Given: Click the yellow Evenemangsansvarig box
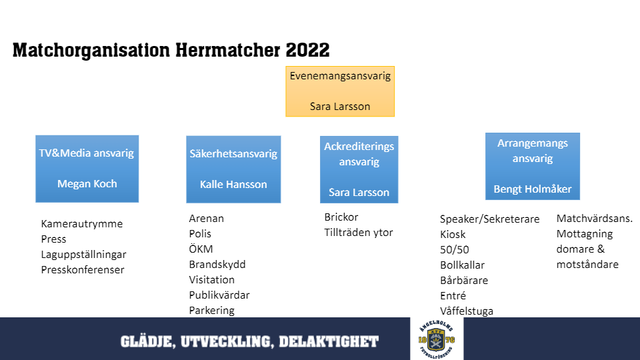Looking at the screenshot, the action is pos(340,91).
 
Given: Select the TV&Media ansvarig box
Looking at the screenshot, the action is pos(87,169).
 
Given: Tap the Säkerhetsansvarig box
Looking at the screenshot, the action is pos(233,169).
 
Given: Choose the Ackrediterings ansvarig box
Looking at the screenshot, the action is pos(359,169).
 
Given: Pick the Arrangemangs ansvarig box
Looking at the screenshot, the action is pos(533,166).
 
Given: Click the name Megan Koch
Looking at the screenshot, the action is pos(87,184).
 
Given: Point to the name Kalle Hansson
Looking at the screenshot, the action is pos(233,184).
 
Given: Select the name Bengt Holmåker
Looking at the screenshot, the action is pos(533,189).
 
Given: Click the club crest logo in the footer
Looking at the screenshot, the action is pos(437,339).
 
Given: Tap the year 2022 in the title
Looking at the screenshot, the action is pos(307,50).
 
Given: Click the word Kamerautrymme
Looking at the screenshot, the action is pos(81,224).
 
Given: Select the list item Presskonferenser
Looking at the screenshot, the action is pos(83,269).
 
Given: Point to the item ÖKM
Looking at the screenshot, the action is pos(201,249).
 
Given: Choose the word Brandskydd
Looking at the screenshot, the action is pos(217,265).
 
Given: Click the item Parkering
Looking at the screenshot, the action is pos(211,310).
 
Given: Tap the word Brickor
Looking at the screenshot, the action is pos(341,217).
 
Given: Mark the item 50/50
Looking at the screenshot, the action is pos(454,249).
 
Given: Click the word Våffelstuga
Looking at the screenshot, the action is pos(467,311).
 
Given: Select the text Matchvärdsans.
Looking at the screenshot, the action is pos(594,219).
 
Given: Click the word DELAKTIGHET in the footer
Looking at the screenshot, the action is pos(329,341).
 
